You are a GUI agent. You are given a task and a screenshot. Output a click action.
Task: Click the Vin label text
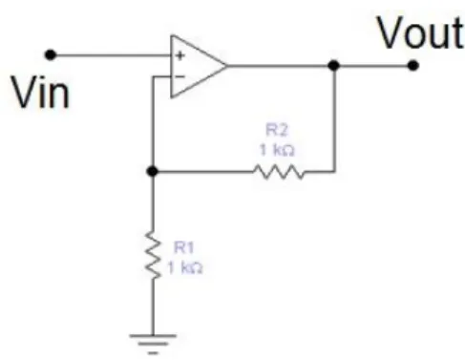[40, 94]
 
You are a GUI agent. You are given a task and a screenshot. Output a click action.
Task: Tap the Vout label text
[420, 32]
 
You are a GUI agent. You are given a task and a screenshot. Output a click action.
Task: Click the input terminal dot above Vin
[51, 55]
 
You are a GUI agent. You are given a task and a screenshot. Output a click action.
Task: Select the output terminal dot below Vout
[412, 66]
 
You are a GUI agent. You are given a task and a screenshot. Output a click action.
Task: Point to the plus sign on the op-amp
[180, 55]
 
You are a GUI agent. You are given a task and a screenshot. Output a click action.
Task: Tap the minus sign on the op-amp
[180, 76]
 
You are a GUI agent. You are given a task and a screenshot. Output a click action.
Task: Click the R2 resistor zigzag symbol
[279, 172]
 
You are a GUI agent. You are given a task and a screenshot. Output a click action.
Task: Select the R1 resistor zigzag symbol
[153, 256]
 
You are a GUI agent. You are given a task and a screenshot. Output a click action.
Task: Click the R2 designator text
[276, 130]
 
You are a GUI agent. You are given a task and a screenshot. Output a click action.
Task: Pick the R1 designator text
[183, 247]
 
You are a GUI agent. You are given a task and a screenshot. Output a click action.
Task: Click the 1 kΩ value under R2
[277, 150]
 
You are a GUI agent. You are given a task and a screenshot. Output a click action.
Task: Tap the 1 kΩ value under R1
[184, 267]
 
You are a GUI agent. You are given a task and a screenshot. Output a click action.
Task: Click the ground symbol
[153, 344]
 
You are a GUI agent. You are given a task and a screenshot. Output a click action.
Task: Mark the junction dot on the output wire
[333, 66]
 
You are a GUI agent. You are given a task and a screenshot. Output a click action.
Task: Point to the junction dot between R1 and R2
[153, 172]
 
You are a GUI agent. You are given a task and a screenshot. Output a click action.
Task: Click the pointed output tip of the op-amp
[226, 66]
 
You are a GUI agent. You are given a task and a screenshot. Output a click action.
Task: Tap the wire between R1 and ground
[153, 307]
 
